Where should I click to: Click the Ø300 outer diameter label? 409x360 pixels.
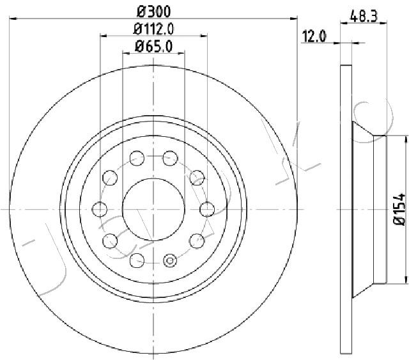pyautogui.click(x=153, y=12)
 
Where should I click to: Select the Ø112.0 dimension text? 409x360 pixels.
pyautogui.click(x=153, y=29)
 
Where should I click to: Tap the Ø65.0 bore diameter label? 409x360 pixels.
pyautogui.click(x=153, y=47)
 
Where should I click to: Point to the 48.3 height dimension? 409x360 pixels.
pyautogui.click(x=364, y=17)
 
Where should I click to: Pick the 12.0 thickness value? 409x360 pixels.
pyautogui.click(x=314, y=36)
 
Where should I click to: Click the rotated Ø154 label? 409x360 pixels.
pyautogui.click(x=399, y=209)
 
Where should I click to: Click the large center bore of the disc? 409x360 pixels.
pyautogui.click(x=153, y=209)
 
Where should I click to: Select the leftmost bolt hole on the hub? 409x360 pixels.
pyautogui.click(x=100, y=209)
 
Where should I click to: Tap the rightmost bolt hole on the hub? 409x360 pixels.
pyautogui.click(x=207, y=209)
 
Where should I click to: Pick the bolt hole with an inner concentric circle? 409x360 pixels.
pyautogui.click(x=170, y=260)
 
